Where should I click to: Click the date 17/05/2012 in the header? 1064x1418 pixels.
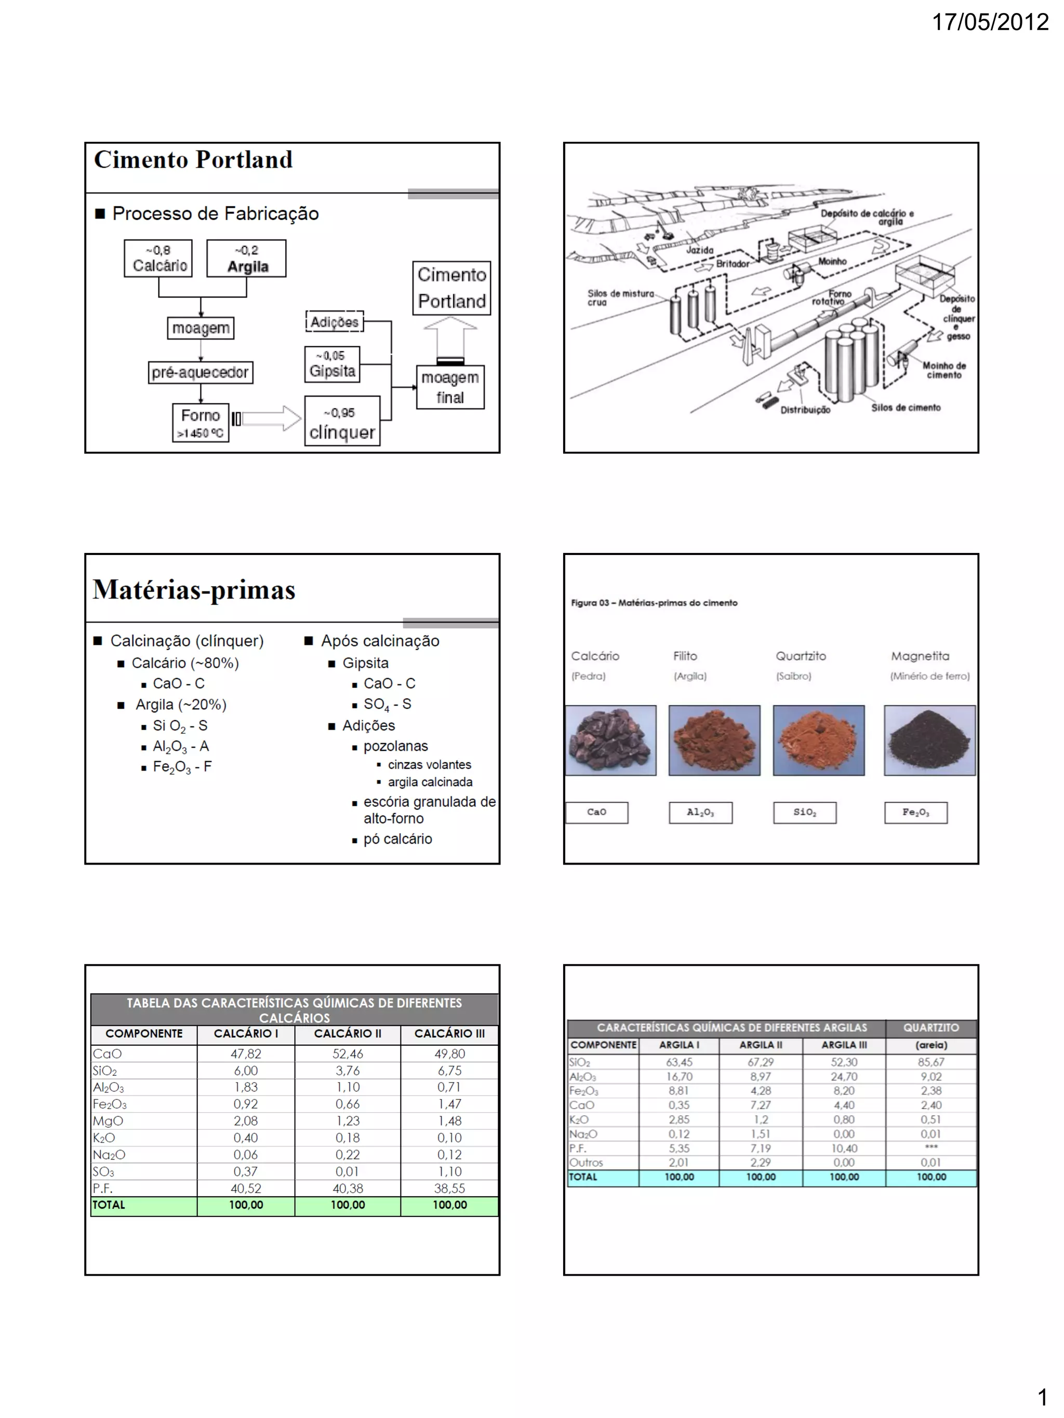(990, 22)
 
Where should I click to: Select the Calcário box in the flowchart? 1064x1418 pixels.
(158, 259)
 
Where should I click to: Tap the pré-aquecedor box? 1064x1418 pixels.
(200, 372)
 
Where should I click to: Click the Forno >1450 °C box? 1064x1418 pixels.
(200, 423)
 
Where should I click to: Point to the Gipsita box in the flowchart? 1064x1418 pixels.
(331, 364)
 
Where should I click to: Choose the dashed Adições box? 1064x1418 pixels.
(334, 321)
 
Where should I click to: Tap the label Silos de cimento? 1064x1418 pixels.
(906, 408)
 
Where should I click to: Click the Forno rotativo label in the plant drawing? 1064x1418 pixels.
(832, 298)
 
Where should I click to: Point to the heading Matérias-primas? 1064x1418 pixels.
(194, 590)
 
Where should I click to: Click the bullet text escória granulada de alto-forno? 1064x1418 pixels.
(429, 809)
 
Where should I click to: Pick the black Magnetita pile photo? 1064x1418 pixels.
(929, 740)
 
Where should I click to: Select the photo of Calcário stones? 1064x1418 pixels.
(610, 740)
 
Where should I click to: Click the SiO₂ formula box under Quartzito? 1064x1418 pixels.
(804, 812)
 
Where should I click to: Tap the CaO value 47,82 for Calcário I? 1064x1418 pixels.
(246, 1053)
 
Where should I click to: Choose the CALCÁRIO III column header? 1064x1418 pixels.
(449, 1033)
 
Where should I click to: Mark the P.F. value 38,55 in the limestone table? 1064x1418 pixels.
(449, 1188)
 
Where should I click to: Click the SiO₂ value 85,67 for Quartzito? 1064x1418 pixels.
(930, 1062)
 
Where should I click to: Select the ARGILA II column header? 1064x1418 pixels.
(761, 1045)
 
